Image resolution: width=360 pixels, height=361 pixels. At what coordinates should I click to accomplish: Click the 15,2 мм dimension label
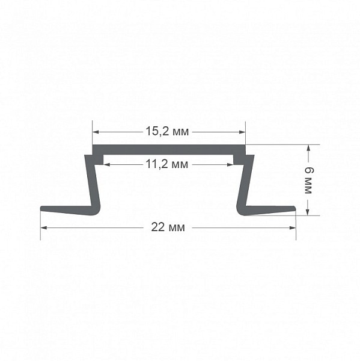click(167, 131)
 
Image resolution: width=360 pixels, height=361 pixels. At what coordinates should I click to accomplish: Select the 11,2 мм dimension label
click(167, 164)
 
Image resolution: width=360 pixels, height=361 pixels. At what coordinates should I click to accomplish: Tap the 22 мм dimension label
click(168, 227)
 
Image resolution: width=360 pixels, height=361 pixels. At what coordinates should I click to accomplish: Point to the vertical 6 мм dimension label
click(309, 180)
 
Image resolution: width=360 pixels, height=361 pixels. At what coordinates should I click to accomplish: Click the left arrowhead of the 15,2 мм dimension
click(96, 132)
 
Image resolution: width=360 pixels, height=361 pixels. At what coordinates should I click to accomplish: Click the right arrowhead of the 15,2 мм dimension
click(242, 132)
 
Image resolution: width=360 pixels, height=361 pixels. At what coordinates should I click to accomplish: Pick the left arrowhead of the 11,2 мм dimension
click(106, 164)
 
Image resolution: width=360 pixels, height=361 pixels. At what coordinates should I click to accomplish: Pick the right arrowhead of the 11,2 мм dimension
click(230, 164)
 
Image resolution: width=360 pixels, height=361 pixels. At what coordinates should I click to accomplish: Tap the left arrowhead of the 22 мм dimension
click(44, 227)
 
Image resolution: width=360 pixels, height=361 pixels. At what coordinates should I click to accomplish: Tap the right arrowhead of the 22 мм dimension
click(293, 227)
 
